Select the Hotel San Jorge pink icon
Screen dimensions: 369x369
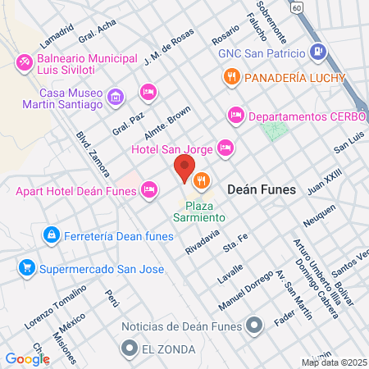225,148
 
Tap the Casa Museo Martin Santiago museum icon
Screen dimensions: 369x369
116,98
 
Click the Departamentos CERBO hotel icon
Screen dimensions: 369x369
235,116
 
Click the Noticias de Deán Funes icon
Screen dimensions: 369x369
254,326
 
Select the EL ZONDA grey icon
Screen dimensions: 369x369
128,349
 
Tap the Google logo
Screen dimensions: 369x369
27,358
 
